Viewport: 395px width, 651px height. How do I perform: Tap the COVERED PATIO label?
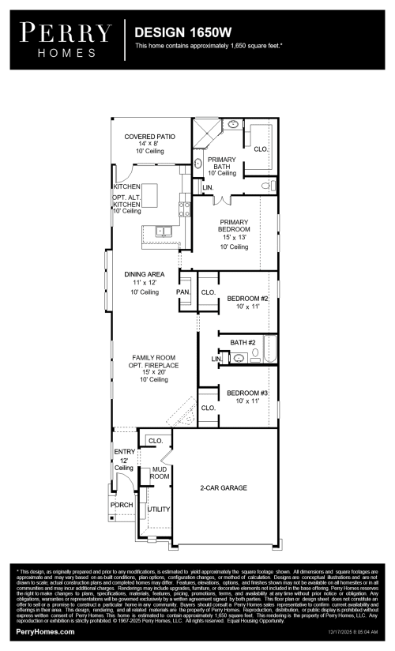149,137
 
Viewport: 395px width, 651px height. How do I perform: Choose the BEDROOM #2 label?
248,299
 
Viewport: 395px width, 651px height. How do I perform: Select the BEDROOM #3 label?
248,393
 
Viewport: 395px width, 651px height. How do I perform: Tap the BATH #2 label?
243,342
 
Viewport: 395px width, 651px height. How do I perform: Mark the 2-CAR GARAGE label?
224,488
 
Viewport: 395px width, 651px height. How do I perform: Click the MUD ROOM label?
160,473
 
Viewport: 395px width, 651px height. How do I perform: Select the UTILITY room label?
159,510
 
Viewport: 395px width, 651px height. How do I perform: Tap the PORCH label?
121,505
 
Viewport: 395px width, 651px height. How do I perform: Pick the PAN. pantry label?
183,292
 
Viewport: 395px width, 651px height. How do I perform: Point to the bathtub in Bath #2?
270,349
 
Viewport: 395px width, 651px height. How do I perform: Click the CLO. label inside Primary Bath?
260,149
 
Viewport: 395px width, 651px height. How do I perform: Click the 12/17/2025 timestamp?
354,633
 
